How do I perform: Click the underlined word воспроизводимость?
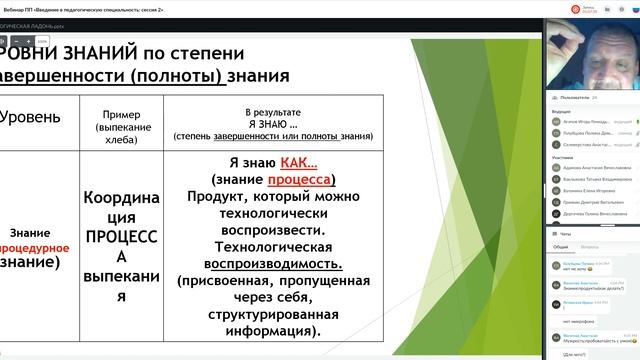click(x=273, y=264)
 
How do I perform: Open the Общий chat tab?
click(x=561, y=245)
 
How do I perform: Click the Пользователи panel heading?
click(x=580, y=98)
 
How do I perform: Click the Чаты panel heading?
click(x=565, y=231)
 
